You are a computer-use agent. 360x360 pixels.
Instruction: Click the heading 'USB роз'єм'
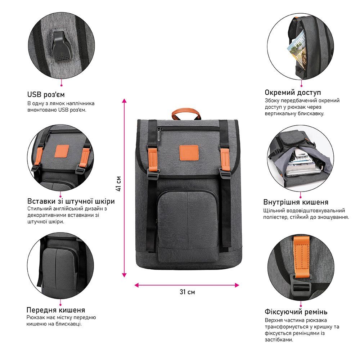click(46, 95)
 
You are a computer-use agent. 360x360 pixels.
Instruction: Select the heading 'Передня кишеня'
click(56, 310)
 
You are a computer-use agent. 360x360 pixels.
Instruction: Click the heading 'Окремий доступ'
click(293, 93)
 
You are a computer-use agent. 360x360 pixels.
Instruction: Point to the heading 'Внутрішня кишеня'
click(296, 202)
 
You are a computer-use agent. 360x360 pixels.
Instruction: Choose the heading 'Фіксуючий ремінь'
click(296, 311)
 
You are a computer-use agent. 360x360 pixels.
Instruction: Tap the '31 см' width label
click(187, 292)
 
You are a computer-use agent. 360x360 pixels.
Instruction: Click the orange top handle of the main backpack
click(186, 112)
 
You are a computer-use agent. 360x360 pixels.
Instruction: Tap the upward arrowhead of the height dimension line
click(124, 101)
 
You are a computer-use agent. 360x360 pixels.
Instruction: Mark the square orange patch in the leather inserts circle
click(62, 152)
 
